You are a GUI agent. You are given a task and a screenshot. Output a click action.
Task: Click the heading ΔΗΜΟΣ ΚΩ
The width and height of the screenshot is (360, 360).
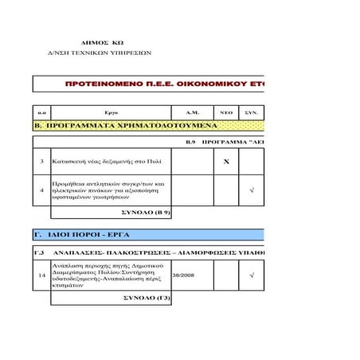(103, 42)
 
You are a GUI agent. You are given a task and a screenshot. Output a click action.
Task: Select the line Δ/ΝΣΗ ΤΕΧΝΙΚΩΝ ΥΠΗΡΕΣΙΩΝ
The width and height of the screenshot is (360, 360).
(100, 53)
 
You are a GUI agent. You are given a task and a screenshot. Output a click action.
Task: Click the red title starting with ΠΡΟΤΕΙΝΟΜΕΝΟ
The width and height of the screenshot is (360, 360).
(163, 84)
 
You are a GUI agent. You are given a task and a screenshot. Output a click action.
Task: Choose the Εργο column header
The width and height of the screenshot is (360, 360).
(111, 113)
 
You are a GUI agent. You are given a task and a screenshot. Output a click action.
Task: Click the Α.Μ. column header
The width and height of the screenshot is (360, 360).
(191, 113)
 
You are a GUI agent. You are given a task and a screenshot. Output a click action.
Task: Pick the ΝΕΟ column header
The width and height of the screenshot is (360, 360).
(225, 113)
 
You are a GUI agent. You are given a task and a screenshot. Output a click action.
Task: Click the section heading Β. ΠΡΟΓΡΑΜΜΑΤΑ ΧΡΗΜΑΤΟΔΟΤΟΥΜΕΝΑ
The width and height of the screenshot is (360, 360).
(124, 126)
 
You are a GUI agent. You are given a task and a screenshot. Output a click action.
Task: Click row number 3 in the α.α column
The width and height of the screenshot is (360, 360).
(41, 162)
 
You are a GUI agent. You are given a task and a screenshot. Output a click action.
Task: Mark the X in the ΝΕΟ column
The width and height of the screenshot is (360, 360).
(225, 162)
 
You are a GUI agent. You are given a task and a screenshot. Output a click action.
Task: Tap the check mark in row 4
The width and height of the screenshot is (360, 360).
(252, 190)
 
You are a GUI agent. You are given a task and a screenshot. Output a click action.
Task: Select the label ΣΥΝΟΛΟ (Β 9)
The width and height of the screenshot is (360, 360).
(144, 213)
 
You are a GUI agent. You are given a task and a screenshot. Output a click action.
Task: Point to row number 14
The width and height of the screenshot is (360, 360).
(41, 276)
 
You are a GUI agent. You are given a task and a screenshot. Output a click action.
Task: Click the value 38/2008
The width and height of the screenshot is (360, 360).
(183, 276)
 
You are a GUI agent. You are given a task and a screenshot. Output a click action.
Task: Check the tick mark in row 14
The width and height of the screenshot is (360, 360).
(252, 276)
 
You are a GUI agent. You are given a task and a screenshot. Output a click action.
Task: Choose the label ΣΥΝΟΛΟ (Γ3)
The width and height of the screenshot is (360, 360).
(147, 298)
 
